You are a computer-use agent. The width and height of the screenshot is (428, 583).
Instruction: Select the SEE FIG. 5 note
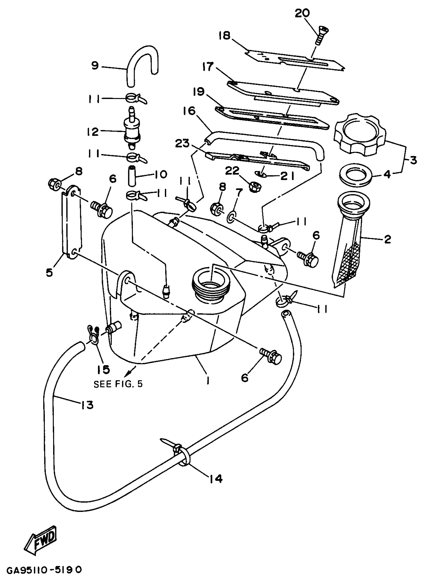click(118, 384)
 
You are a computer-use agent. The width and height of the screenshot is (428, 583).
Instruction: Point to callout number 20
click(302, 13)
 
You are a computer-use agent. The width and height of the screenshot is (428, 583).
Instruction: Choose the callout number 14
click(215, 478)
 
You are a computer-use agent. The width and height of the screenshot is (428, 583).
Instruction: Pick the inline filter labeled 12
click(132, 132)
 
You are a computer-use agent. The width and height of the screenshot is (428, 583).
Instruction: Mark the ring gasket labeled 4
click(356, 175)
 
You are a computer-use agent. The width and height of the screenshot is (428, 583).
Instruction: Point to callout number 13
click(87, 404)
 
